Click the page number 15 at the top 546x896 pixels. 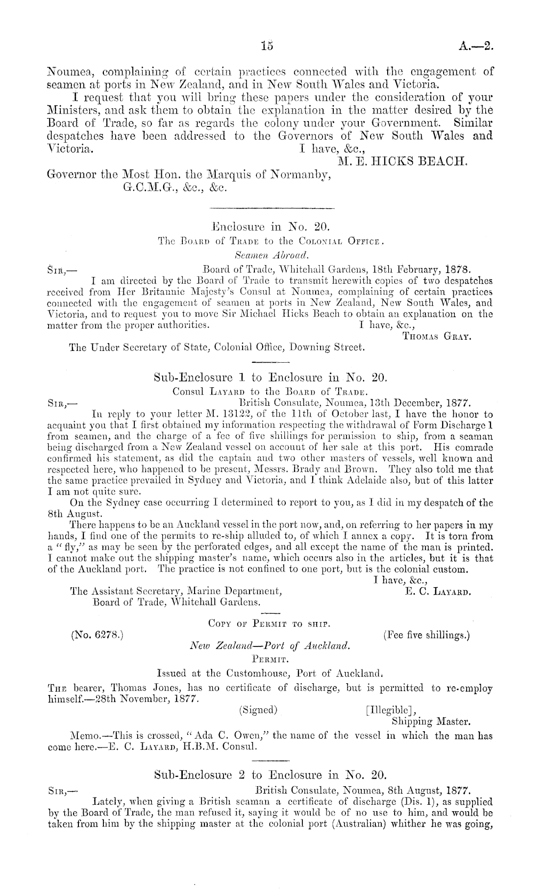click(x=267, y=46)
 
